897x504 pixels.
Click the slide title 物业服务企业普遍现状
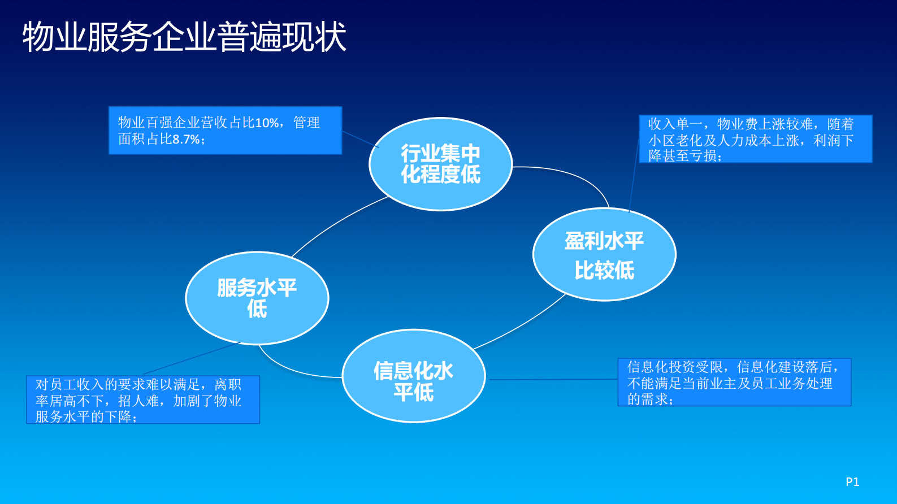pos(184,37)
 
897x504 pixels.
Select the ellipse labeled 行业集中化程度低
pos(440,164)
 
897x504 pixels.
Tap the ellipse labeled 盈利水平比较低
pos(604,255)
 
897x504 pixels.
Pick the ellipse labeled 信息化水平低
pos(413,376)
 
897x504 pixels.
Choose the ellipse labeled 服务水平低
pos(257,298)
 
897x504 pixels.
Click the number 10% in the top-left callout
pos(267,123)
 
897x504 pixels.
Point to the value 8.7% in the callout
pos(186,140)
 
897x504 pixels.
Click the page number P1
pos(852,482)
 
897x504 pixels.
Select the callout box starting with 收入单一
pos(755,140)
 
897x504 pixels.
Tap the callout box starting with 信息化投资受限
pos(734,383)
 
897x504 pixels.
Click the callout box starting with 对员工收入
pos(142,400)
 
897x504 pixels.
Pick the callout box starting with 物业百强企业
pos(225,131)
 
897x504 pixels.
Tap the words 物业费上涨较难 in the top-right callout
pos(765,124)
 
